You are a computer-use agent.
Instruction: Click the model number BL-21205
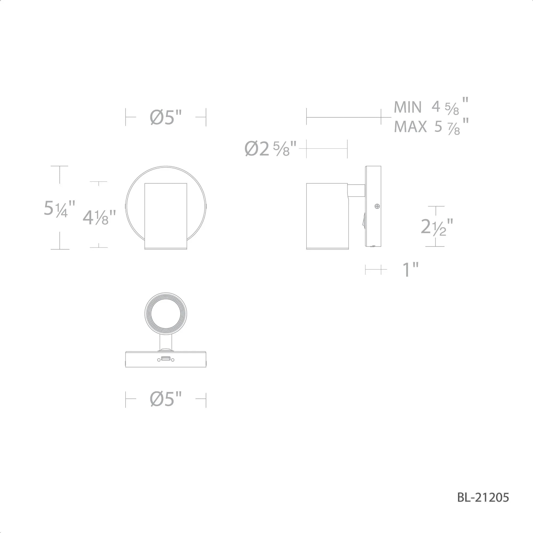(483, 497)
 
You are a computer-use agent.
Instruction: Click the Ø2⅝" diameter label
(270, 149)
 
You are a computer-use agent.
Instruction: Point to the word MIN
(407, 107)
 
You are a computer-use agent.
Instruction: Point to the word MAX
(410, 127)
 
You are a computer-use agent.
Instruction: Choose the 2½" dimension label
(437, 227)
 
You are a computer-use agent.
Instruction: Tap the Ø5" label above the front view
(166, 118)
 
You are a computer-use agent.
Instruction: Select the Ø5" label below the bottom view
(166, 399)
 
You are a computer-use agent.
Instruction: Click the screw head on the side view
(377, 206)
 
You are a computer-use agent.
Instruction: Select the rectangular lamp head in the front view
(165, 216)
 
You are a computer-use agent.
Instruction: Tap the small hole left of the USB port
(159, 360)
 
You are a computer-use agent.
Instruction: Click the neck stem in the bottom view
(165, 342)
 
